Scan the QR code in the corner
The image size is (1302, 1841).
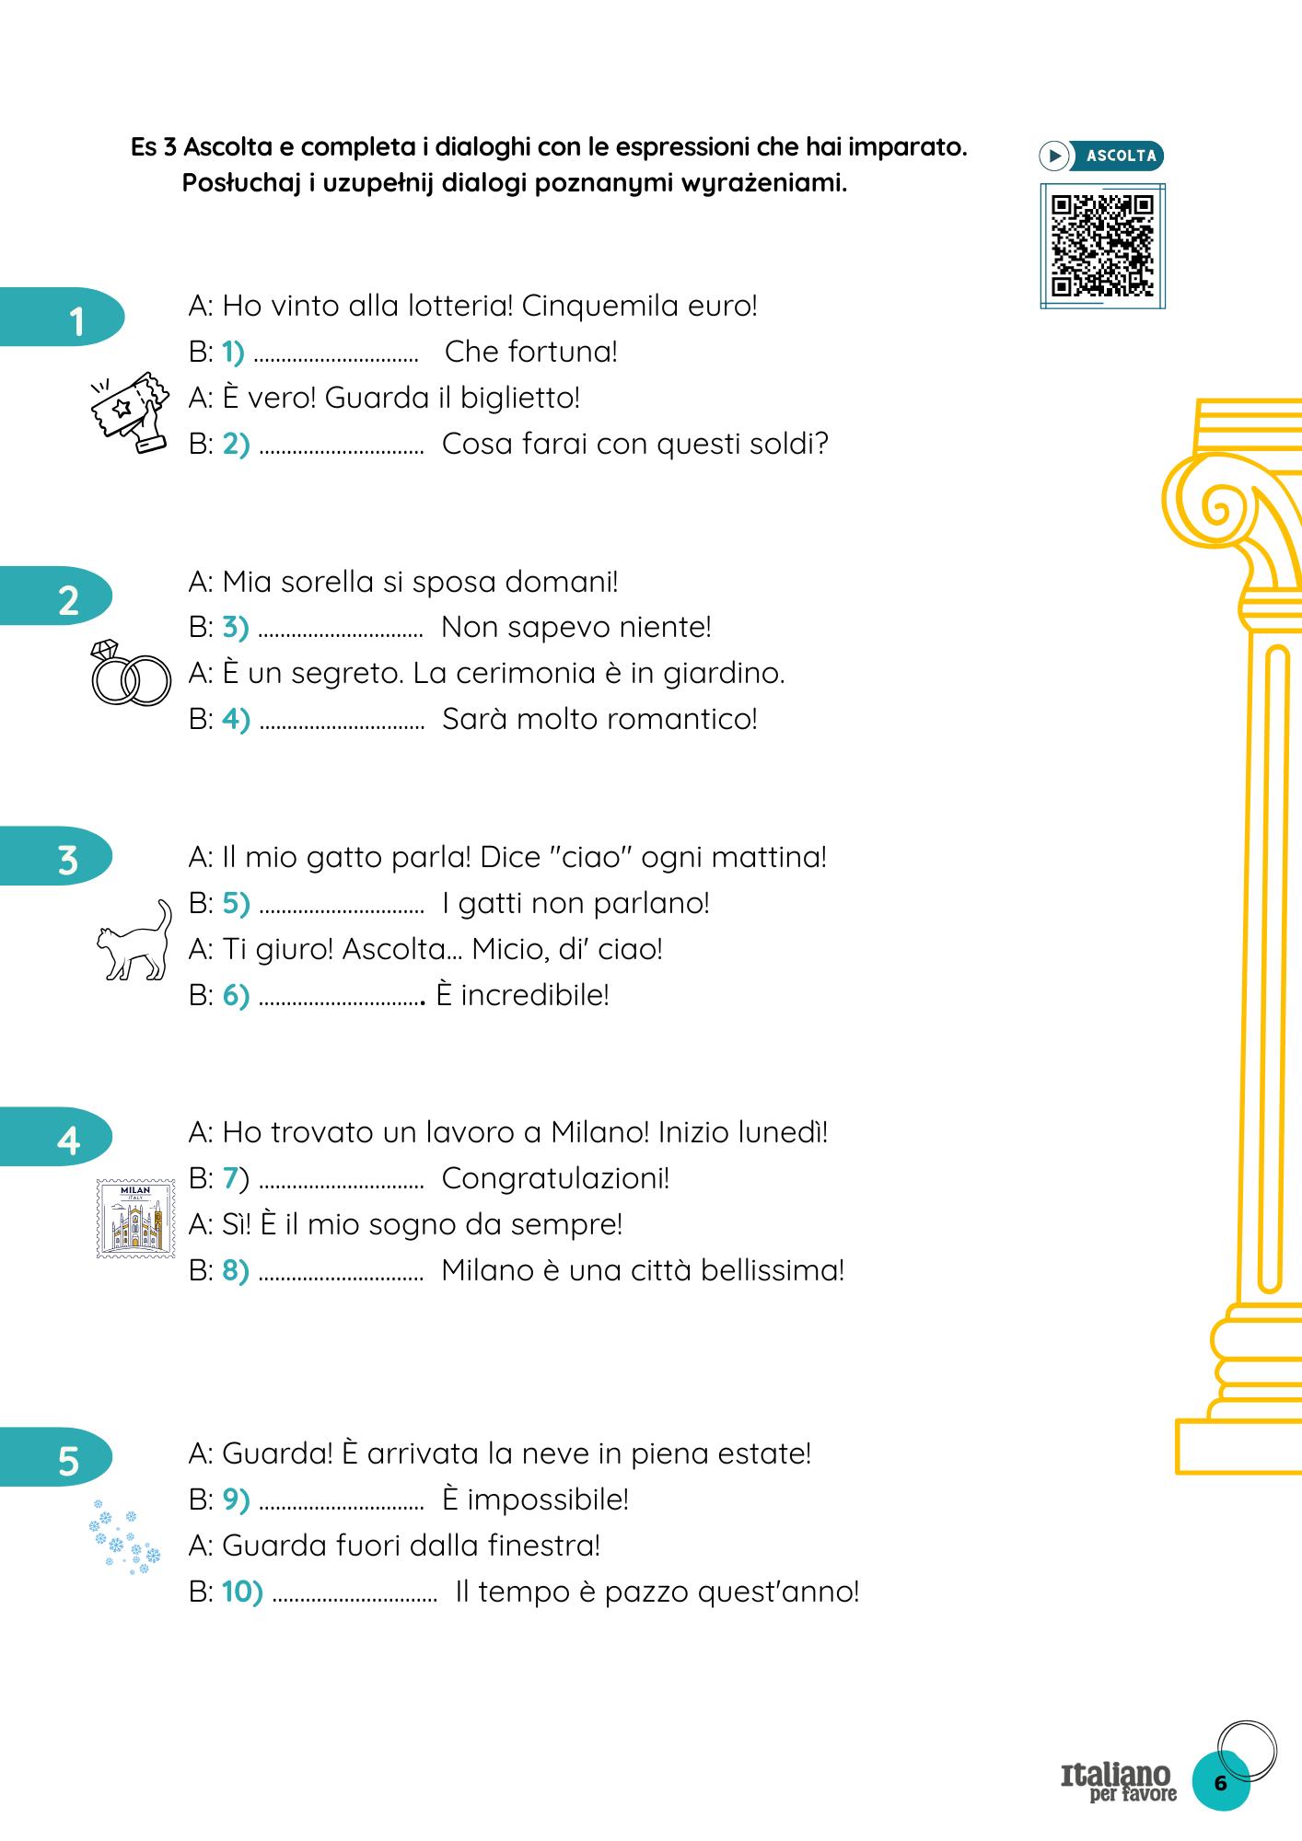pos(1102,246)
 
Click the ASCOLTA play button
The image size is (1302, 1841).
pos(1101,156)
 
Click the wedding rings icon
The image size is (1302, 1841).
pos(131,673)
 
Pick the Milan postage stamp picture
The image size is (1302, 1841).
pos(136,1218)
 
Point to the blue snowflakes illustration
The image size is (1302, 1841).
pos(124,1536)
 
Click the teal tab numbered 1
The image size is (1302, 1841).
pos(61,318)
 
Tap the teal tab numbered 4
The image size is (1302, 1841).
pos(55,1137)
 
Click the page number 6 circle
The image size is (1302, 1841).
pos(1221,1782)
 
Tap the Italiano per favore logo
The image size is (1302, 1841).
pos(1119,1781)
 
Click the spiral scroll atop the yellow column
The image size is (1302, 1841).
pos(1216,504)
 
